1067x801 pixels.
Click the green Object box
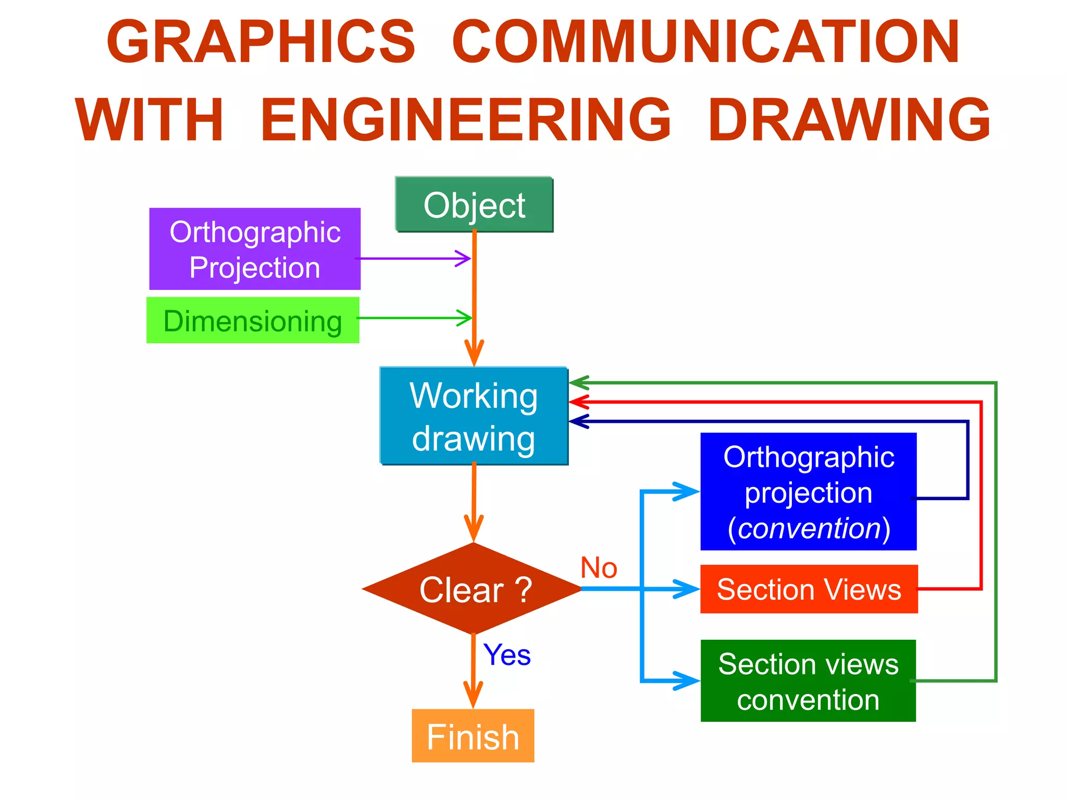click(474, 204)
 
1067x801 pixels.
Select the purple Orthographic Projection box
click(255, 249)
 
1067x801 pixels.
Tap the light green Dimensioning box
click(253, 320)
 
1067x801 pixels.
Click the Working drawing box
click(474, 416)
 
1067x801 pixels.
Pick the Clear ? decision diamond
click(473, 589)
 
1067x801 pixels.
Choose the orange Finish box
click(473, 736)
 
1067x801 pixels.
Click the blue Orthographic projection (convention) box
click(808, 491)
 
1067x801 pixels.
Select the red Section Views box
click(809, 589)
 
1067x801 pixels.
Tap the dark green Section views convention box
click(808, 681)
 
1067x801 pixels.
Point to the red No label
click(599, 567)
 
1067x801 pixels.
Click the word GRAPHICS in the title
click(261, 42)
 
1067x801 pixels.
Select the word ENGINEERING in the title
click(466, 120)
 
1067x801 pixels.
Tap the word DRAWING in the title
click(849, 120)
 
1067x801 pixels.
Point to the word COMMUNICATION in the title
click(705, 42)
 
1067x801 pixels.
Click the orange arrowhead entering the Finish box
click(473, 696)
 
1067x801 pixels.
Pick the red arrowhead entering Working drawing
click(578, 402)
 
